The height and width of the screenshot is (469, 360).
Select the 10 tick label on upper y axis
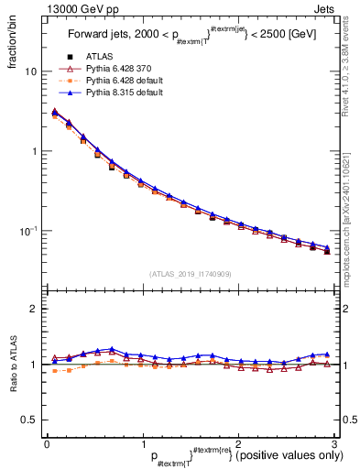click(30, 71)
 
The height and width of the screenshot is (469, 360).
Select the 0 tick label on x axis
click(47, 443)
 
